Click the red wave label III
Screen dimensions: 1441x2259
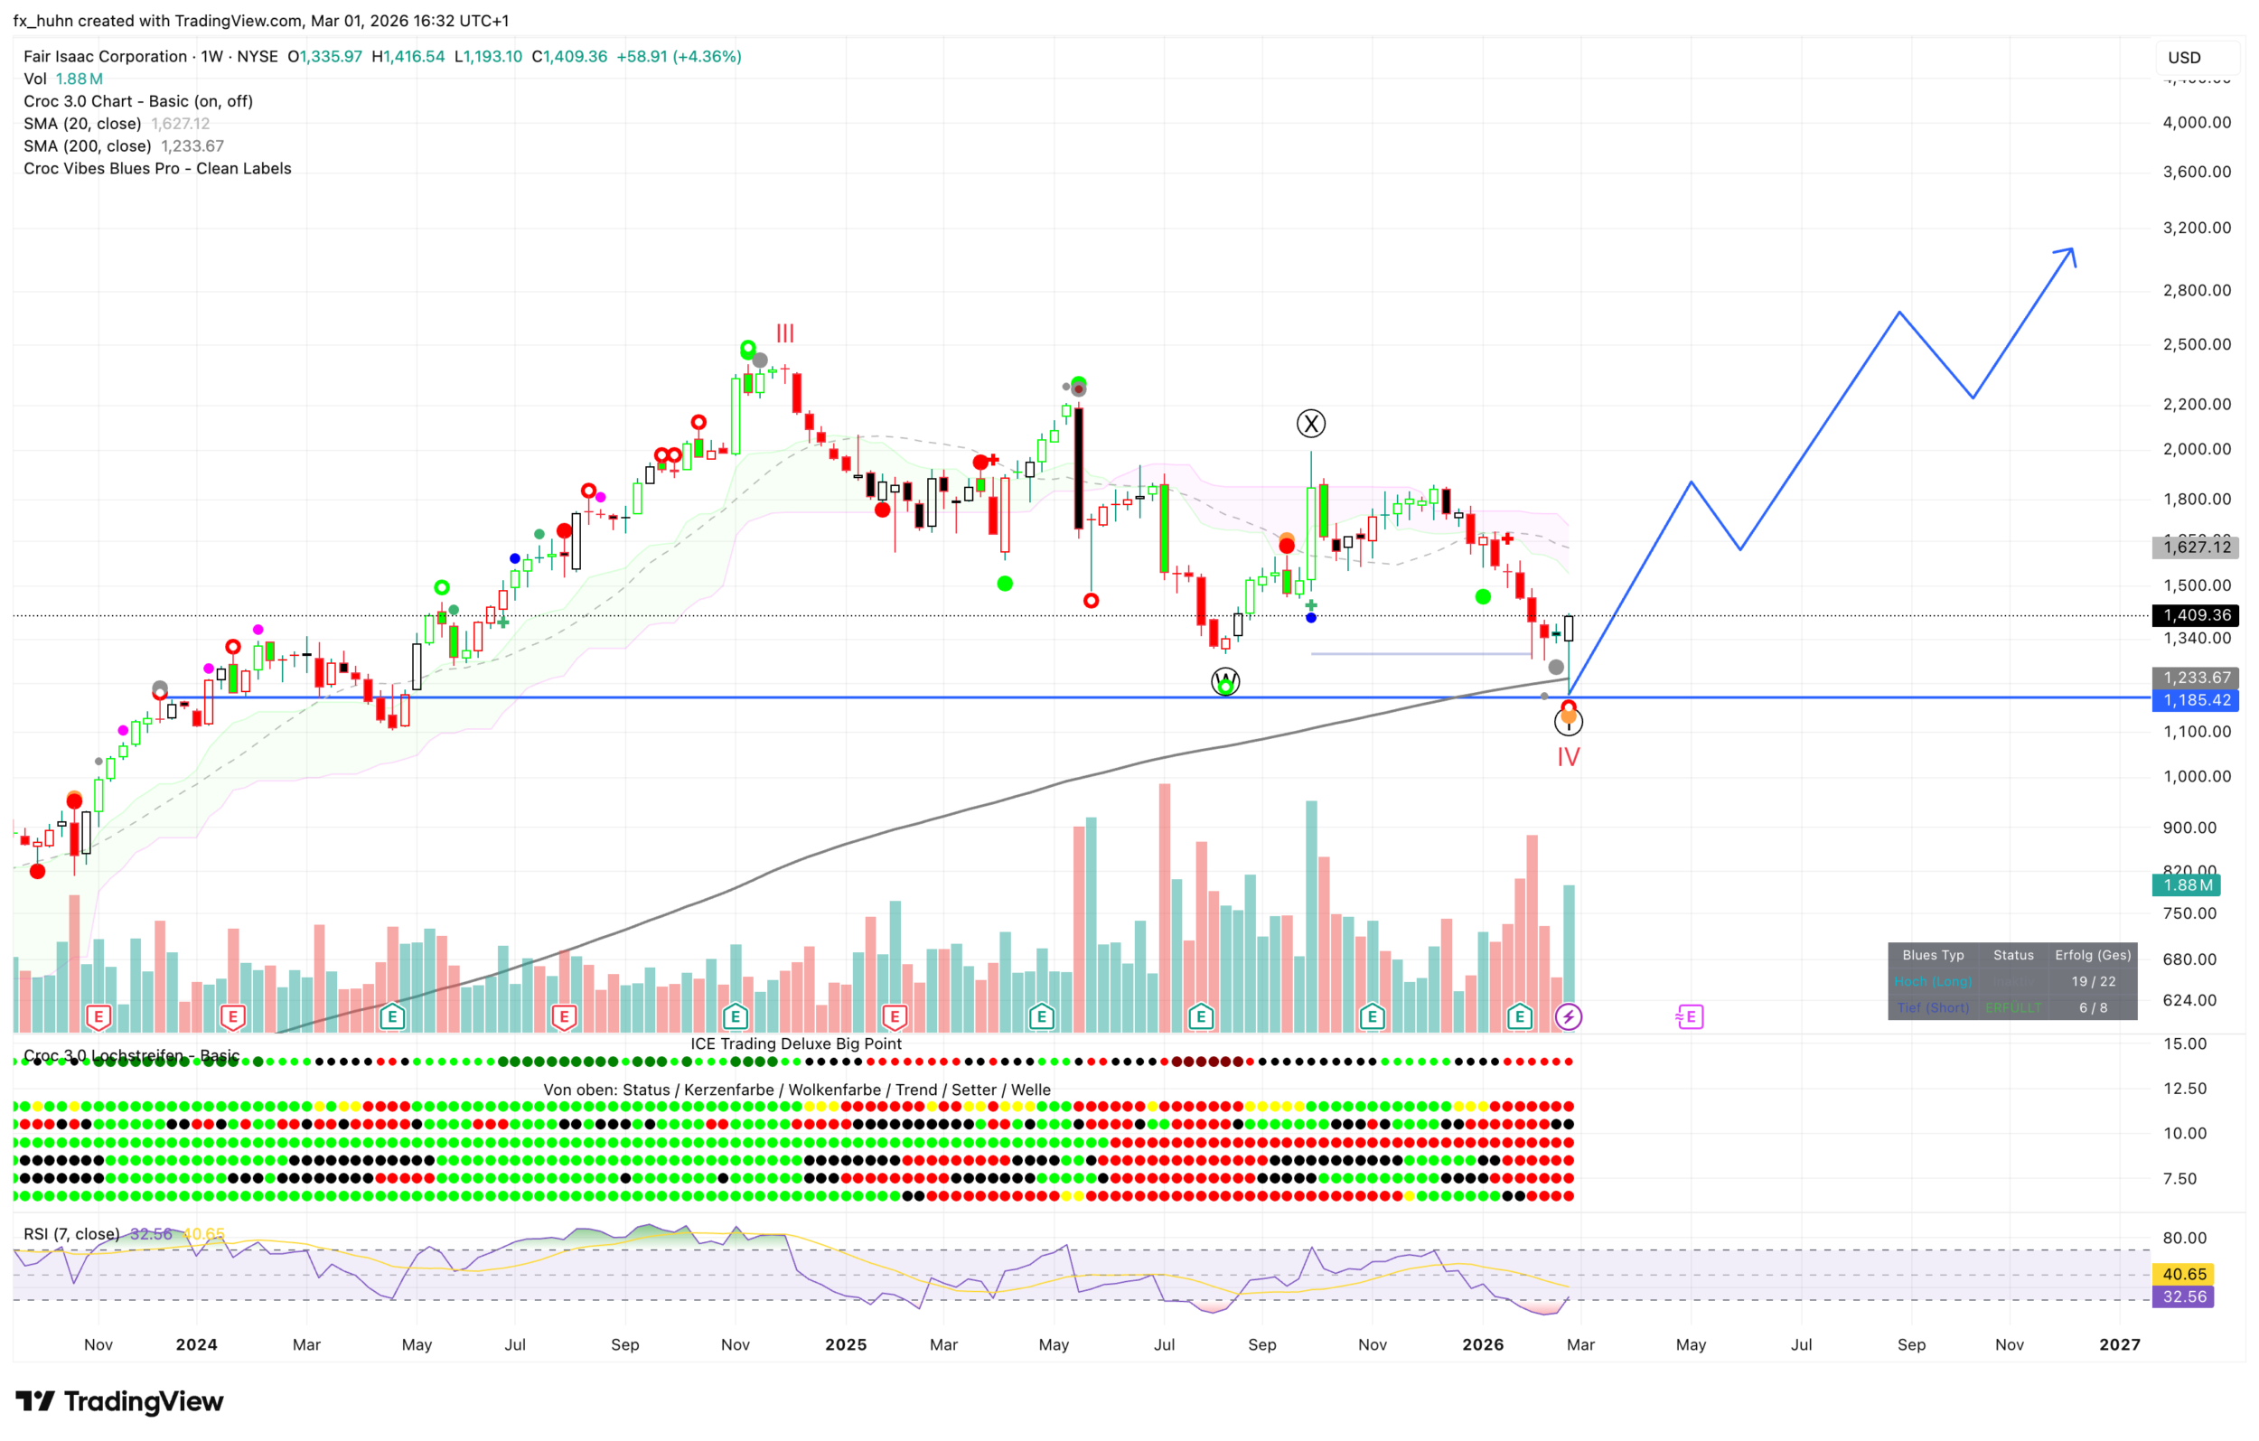point(784,333)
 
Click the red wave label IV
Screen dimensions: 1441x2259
point(1568,757)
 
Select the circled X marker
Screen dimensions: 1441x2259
point(1310,424)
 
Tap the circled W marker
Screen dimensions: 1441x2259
point(1225,682)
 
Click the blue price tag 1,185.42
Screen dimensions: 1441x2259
point(2195,701)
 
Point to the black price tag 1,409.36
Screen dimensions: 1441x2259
point(2195,615)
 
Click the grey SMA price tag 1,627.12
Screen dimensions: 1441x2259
point(2195,547)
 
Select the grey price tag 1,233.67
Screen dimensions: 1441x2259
point(2195,678)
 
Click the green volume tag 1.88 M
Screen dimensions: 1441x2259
point(2188,884)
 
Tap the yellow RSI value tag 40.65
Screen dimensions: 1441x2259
point(2184,1274)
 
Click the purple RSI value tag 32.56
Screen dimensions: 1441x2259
point(2184,1296)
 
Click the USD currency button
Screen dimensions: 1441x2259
point(2184,57)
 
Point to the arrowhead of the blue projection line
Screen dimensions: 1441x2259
point(2071,251)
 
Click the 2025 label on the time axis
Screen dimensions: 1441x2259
point(845,1344)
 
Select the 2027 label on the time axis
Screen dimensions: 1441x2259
point(2119,1344)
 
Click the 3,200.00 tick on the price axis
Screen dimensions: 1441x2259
point(2196,228)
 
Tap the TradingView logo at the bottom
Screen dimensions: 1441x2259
point(120,1401)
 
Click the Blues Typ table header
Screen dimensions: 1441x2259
point(1933,955)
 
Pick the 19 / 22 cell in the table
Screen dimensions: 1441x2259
point(2093,981)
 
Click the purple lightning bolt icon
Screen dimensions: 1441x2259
point(1568,1017)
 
